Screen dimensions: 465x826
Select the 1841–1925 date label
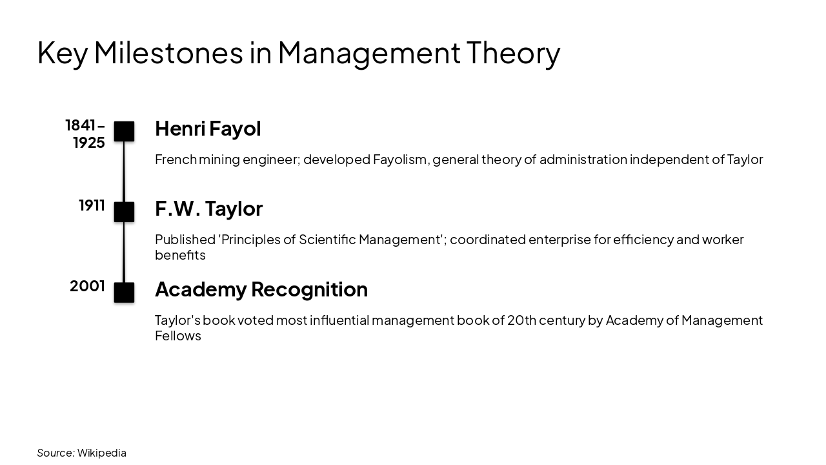click(85, 134)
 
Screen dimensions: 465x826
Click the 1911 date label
click(92, 205)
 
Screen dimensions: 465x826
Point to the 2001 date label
click(87, 286)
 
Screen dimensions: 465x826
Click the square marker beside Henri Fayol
click(124, 131)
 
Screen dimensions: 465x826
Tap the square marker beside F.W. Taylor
click(124, 212)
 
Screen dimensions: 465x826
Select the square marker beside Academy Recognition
click(124, 293)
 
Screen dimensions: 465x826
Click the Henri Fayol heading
click(208, 129)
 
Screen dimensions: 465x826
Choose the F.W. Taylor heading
click(208, 209)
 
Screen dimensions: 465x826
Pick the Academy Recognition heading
click(261, 289)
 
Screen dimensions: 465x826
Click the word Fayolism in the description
click(400, 160)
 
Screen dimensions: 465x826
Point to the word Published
click(185, 240)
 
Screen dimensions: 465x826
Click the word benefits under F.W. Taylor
click(180, 255)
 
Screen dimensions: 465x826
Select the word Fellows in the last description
click(178, 336)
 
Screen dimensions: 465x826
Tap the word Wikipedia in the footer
click(102, 453)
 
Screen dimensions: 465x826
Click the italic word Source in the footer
click(55, 453)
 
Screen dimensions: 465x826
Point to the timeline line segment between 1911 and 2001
click(124, 252)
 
